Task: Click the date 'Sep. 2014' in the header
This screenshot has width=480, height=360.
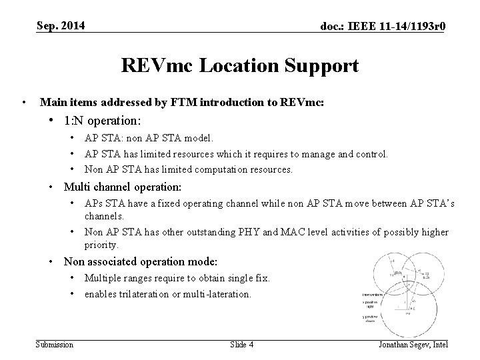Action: [60, 25]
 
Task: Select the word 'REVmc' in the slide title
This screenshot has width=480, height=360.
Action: [153, 66]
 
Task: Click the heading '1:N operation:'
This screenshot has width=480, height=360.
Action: [102, 121]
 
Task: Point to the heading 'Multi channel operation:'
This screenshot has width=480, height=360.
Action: [122, 187]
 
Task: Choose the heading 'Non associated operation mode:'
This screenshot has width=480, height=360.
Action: [141, 262]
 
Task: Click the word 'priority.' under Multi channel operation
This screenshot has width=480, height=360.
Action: [102, 245]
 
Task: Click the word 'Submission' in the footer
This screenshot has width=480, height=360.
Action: [55, 344]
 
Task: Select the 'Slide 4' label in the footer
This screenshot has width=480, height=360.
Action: [241, 344]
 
